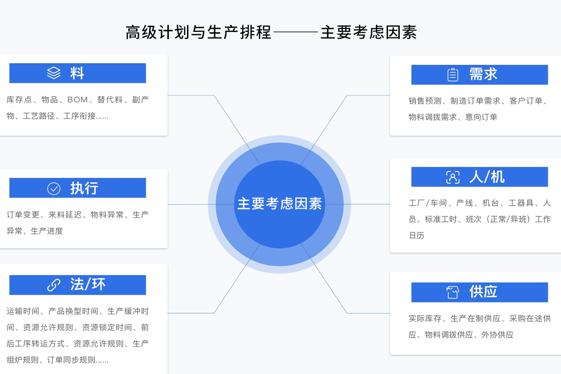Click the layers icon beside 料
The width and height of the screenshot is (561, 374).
(54, 73)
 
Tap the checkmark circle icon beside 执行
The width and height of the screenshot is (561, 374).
(54, 188)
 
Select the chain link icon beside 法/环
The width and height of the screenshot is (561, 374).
(54, 285)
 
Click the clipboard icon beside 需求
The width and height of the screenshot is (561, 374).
(453, 75)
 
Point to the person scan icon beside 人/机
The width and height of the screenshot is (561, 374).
(453, 177)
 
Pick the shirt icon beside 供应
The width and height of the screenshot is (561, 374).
(453, 292)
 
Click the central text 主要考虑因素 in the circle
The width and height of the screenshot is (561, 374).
(280, 204)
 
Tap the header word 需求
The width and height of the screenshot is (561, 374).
(483, 74)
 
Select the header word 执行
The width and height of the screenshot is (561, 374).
(84, 188)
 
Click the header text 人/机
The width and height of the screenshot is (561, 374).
(487, 177)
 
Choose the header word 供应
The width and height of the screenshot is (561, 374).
(483, 292)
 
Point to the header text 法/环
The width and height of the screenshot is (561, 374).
(88, 284)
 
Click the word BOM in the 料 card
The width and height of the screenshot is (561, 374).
(78, 100)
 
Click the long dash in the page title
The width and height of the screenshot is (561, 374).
(295, 33)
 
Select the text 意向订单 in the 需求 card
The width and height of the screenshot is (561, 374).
(481, 117)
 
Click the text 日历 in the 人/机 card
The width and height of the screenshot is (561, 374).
(417, 236)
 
